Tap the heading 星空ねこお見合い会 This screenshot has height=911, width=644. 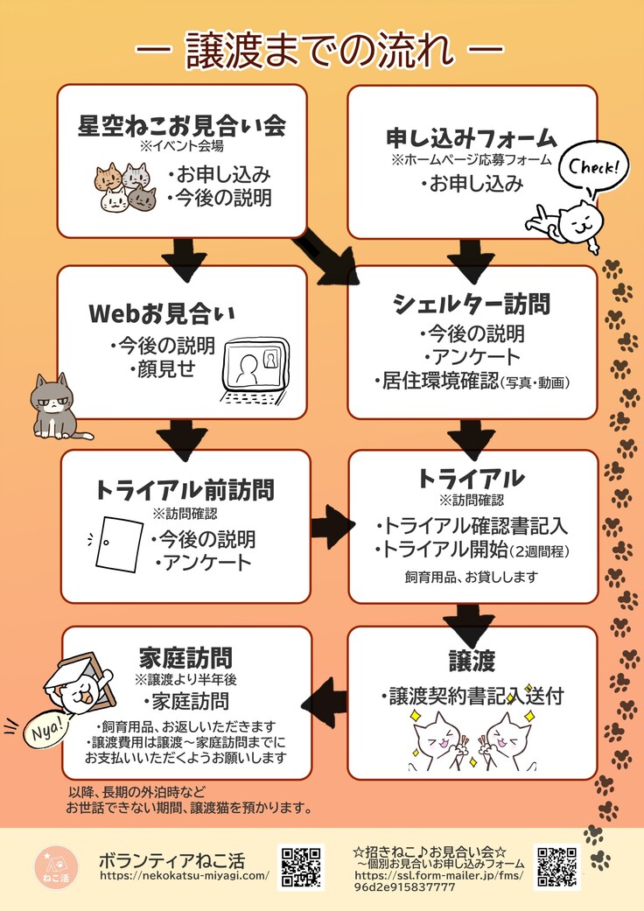tap(182, 126)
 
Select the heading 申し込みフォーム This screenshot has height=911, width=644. tap(472, 138)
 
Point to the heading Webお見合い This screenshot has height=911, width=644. tap(162, 313)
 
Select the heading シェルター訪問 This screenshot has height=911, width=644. tap(472, 304)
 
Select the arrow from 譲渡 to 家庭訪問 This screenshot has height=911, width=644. tap(325, 695)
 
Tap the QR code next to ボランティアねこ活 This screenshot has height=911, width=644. tap(301, 867)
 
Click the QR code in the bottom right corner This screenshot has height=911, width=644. tap(557, 867)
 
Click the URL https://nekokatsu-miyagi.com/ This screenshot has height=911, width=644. tap(185, 876)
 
